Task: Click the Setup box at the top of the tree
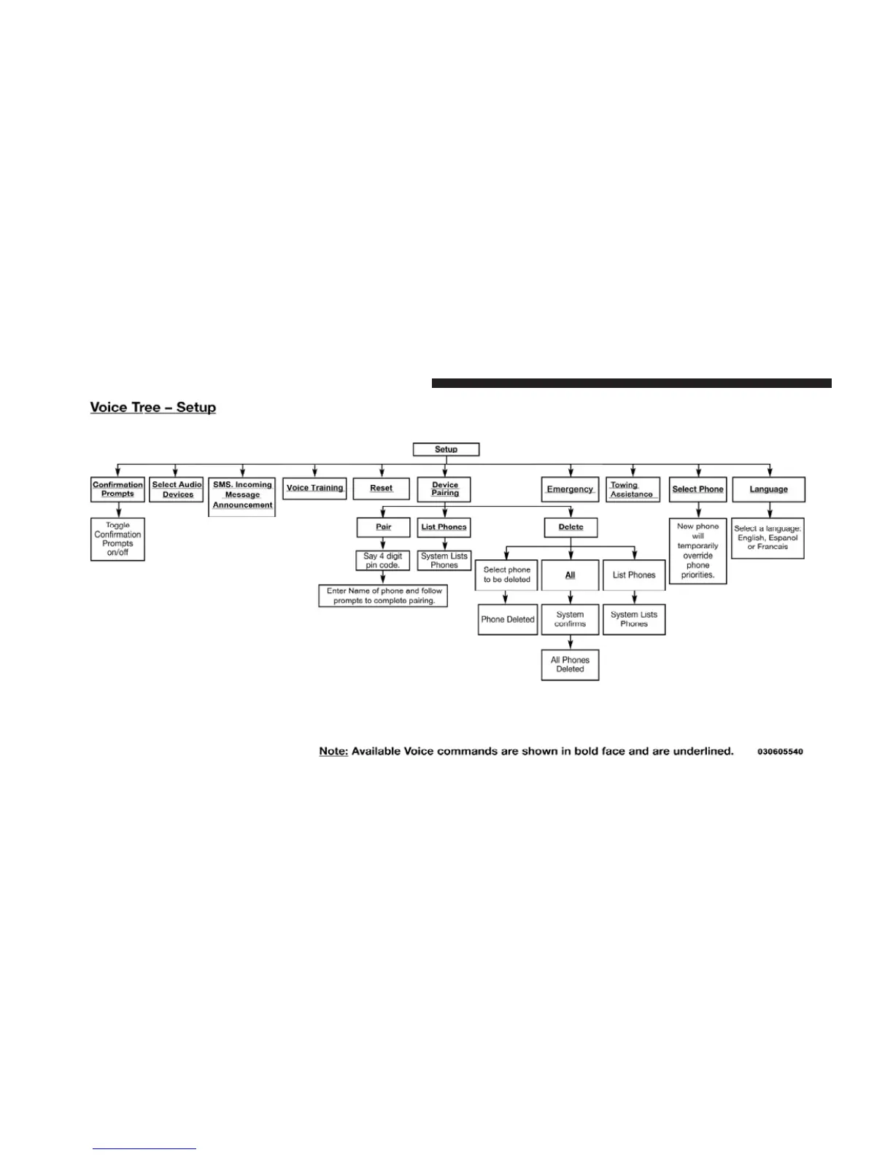pyautogui.click(x=446, y=449)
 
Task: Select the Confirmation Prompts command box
pyautogui.click(x=117, y=489)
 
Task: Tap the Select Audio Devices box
pyautogui.click(x=177, y=489)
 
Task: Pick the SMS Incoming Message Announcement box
pyautogui.click(x=242, y=495)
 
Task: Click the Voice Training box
pyautogui.click(x=314, y=488)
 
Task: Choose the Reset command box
pyautogui.click(x=381, y=489)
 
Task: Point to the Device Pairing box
pyautogui.click(x=444, y=489)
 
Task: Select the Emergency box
pyautogui.click(x=570, y=489)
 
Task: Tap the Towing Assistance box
pyautogui.click(x=633, y=489)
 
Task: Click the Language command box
pyautogui.click(x=768, y=489)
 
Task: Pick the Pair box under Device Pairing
pyautogui.click(x=383, y=527)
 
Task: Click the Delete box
pyautogui.click(x=571, y=527)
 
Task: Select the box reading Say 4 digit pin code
pyautogui.click(x=383, y=561)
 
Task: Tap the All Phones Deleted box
pyautogui.click(x=570, y=664)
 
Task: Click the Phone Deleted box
pyautogui.click(x=508, y=619)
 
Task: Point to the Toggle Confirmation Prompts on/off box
pyautogui.click(x=117, y=539)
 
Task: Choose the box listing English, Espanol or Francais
pyautogui.click(x=768, y=538)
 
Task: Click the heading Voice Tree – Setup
pyautogui.click(x=153, y=408)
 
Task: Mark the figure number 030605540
pyautogui.click(x=780, y=752)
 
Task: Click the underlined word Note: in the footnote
pyautogui.click(x=333, y=751)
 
